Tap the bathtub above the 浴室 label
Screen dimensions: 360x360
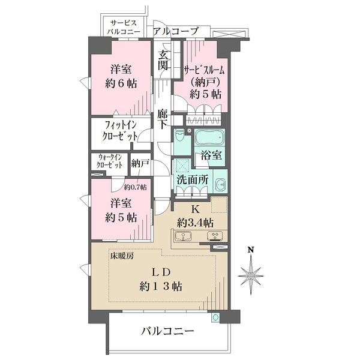coord(208,137)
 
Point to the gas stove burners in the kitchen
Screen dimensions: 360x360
coord(212,235)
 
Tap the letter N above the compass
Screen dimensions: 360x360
coord(252,250)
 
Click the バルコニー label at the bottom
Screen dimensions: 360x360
coord(168,331)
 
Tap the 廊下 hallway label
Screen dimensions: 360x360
coord(163,119)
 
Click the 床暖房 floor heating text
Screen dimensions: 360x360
coord(122,256)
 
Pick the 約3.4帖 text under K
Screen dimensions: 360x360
coord(194,223)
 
